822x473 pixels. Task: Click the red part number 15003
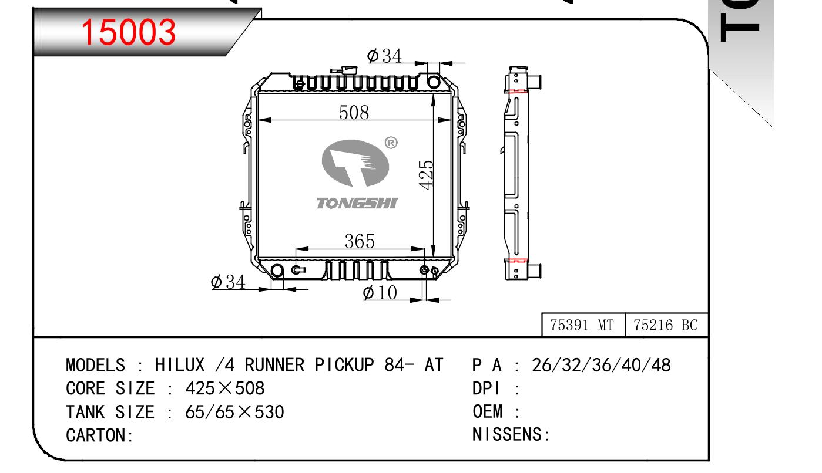128,32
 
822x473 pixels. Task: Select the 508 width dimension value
354,112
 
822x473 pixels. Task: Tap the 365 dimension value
359,241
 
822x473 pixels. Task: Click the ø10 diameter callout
380,292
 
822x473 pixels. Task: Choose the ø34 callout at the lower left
228,282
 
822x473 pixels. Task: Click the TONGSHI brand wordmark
357,204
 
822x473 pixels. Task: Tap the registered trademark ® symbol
391,143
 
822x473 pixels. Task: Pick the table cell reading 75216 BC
665,325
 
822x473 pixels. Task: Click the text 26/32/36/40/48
600,366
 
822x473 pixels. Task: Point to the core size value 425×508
225,388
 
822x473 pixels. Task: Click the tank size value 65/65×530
234,412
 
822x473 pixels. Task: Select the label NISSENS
508,435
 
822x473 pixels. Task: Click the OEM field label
487,412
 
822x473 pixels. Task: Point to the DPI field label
487,388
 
